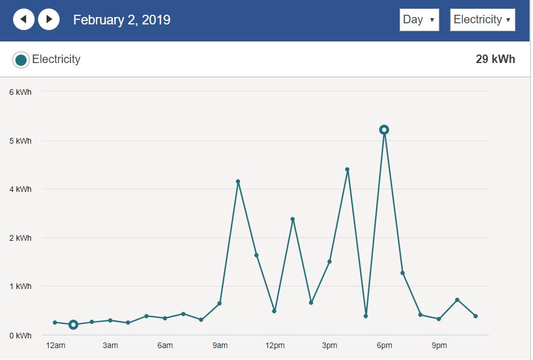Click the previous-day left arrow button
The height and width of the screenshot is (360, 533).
tap(24, 20)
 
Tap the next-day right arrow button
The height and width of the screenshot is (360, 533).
tap(49, 20)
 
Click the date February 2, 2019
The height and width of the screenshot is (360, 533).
tap(121, 20)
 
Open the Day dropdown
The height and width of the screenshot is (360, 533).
tap(419, 20)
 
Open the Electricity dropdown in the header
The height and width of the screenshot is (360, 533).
tap(482, 20)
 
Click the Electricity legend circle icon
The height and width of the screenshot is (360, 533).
tap(21, 60)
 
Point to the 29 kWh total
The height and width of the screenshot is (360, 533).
tap(495, 59)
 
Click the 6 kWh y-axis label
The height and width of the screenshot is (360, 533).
tap(20, 92)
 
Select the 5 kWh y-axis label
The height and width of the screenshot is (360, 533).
tap(20, 141)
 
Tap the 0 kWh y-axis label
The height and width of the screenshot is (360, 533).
tap(20, 336)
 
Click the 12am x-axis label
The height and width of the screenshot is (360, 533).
tap(56, 346)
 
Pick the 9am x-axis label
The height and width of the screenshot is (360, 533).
tap(220, 346)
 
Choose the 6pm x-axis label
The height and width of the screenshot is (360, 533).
tap(384, 346)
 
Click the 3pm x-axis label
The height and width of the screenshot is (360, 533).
tap(329, 346)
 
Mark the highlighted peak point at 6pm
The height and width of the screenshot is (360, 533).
tap(384, 130)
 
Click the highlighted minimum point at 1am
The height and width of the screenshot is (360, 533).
tap(73, 325)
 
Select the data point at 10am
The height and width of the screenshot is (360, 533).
tap(238, 182)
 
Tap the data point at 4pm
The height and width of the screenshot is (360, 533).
tap(347, 169)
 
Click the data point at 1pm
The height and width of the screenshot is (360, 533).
tap(293, 219)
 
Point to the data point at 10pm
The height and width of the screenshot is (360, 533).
tap(457, 300)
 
